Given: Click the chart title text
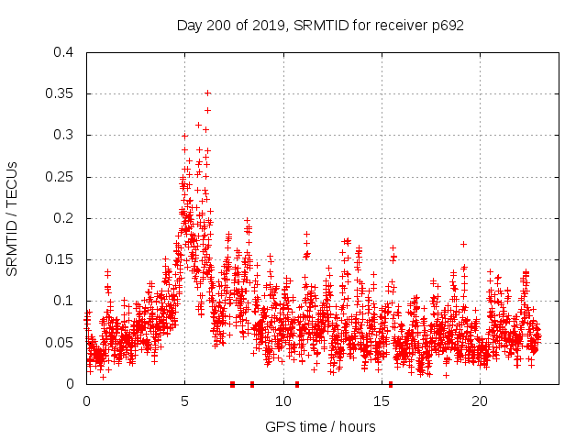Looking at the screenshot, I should point(320,25).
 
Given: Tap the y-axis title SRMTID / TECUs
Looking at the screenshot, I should point(13,218).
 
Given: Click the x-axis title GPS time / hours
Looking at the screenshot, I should point(320,426).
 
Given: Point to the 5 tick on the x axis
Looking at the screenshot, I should point(184,401).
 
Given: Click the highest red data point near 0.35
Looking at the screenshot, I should point(207,93).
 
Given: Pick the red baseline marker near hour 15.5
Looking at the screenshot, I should point(391,384).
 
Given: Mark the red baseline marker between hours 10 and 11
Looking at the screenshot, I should point(297,384).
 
